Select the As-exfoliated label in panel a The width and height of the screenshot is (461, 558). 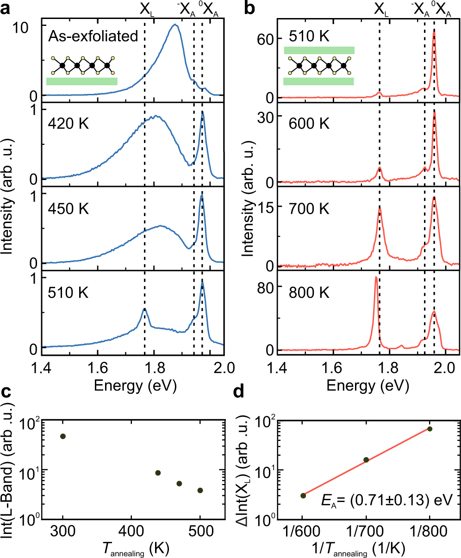click(93, 36)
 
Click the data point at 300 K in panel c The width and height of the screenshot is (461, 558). click(63, 436)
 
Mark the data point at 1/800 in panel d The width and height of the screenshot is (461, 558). click(430, 429)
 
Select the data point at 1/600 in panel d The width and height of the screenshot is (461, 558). click(303, 496)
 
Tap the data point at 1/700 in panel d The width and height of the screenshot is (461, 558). click(366, 459)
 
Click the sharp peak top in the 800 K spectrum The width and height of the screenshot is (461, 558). click(375, 277)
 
